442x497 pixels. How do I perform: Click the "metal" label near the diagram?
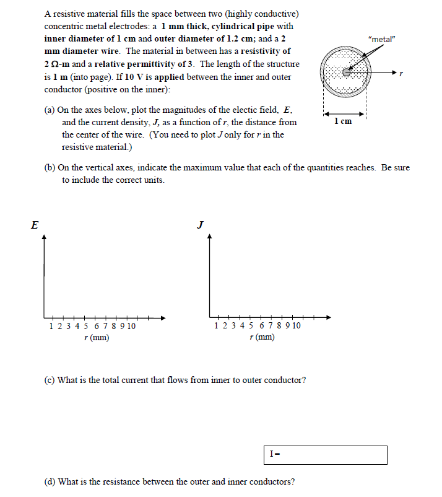pyautogui.click(x=381, y=40)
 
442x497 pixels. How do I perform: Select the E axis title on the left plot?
pyautogui.click(x=34, y=226)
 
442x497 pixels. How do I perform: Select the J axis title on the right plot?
pyautogui.click(x=200, y=224)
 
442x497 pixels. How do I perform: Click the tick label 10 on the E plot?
pyautogui.click(x=131, y=326)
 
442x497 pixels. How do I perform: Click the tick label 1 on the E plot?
pyautogui.click(x=51, y=326)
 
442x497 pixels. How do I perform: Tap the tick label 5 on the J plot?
pyautogui.click(x=251, y=326)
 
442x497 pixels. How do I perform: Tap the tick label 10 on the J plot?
pyautogui.click(x=296, y=326)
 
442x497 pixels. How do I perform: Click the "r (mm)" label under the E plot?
pyautogui.click(x=97, y=338)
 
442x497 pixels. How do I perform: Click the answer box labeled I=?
pyautogui.click(x=326, y=454)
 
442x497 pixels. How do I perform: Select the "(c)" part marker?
pyautogui.click(x=50, y=380)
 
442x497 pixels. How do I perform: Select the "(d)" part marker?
pyautogui.click(x=50, y=482)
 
